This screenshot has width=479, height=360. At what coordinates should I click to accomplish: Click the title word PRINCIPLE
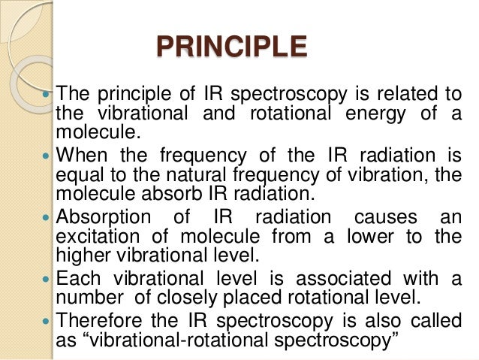point(231,47)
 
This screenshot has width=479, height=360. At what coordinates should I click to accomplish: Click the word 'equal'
point(77,175)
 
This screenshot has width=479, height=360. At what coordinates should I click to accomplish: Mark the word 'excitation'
point(98,236)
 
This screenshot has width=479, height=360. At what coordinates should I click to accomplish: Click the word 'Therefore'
point(100,321)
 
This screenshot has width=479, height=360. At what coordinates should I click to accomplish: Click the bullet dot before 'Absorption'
point(48,219)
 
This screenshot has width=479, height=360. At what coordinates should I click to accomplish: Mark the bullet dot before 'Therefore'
point(48,322)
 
